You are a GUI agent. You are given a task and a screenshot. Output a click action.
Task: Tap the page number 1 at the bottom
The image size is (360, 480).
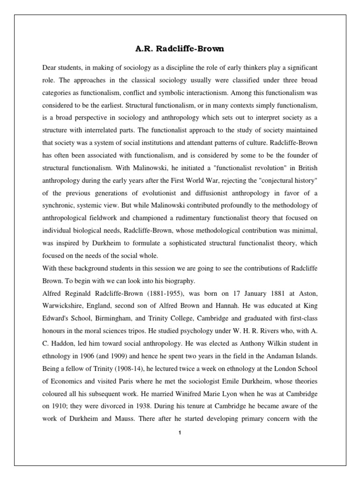[x=180, y=432]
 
